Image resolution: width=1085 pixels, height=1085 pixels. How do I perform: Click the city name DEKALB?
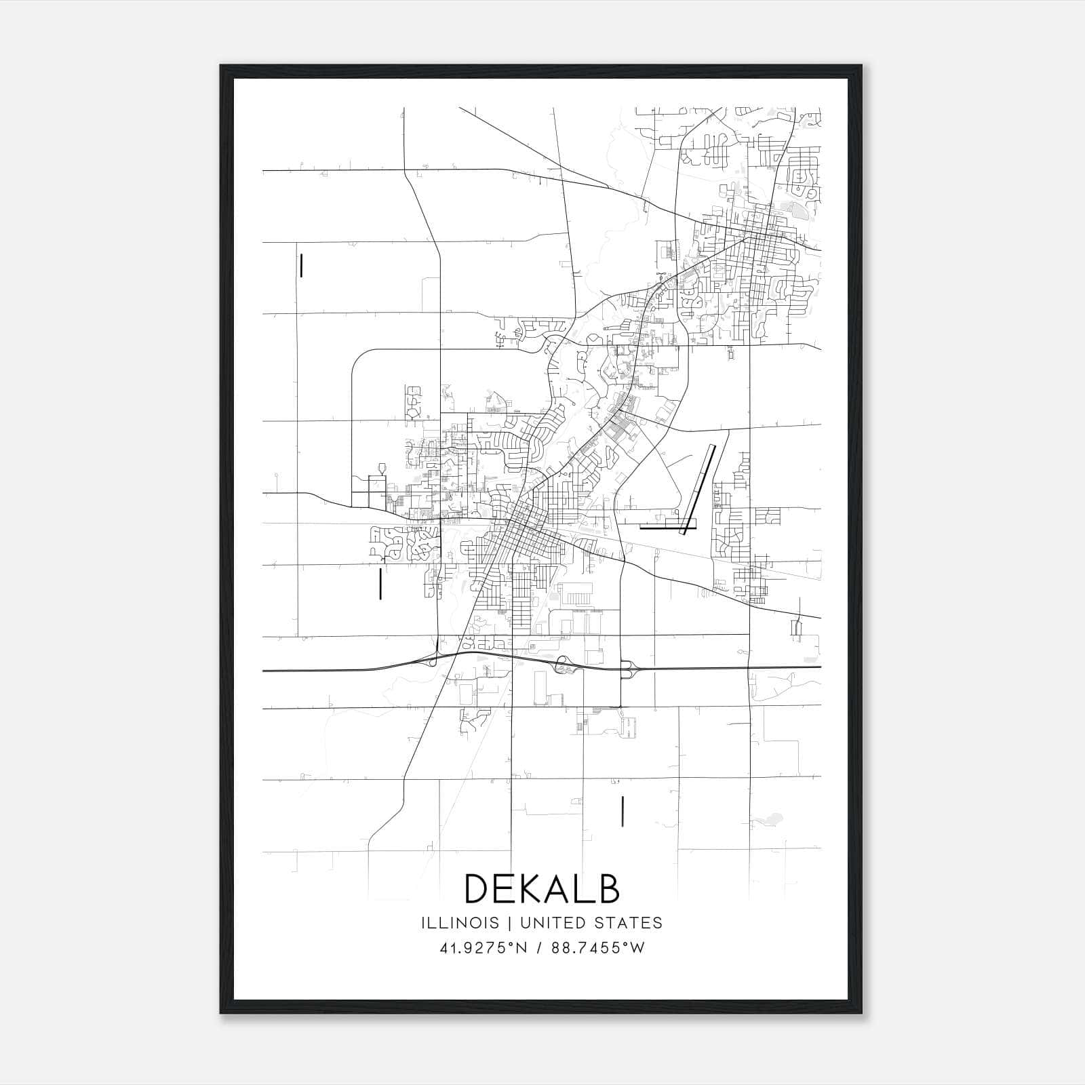(542, 888)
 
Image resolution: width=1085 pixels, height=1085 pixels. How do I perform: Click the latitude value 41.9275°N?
(483, 948)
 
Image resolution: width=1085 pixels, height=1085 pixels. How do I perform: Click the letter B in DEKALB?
(609, 888)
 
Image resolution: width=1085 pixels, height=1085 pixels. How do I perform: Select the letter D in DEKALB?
(477, 888)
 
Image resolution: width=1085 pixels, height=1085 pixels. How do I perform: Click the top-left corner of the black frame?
(222, 66)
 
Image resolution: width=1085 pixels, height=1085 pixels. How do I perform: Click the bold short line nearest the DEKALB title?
(622, 811)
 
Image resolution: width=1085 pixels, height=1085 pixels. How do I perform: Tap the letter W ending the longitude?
(638, 948)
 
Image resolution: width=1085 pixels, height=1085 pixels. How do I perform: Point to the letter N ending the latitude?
(521, 948)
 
